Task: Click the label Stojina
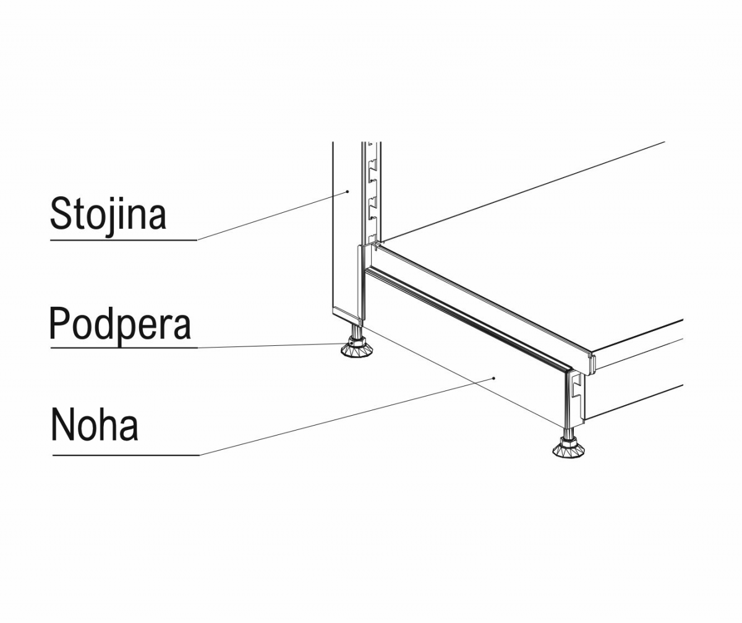click(x=108, y=213)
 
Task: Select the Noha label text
click(x=95, y=425)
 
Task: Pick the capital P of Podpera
click(x=59, y=322)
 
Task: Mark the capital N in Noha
click(x=62, y=424)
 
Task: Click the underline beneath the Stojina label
click(x=123, y=239)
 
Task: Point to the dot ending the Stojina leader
click(x=348, y=192)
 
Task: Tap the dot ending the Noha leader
click(x=493, y=377)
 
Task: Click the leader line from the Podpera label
click(x=272, y=345)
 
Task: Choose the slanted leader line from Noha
click(x=346, y=416)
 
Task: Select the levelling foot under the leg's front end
click(x=568, y=450)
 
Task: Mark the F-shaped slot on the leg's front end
click(x=576, y=386)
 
